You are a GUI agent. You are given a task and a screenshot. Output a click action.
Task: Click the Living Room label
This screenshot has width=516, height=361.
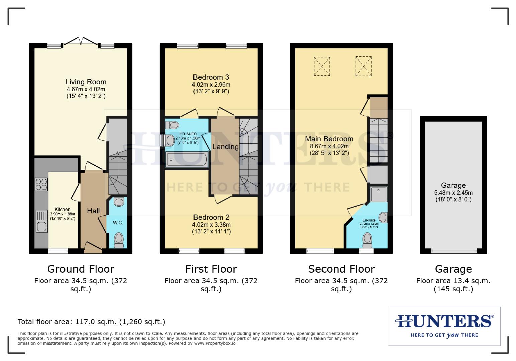[x=86, y=82]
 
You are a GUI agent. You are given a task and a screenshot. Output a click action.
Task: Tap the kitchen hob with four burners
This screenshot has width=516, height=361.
[x=41, y=184]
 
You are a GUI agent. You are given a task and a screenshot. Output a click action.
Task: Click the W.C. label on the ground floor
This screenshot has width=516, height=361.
[x=118, y=223]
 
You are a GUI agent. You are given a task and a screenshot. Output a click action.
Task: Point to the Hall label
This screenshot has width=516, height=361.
[x=93, y=211]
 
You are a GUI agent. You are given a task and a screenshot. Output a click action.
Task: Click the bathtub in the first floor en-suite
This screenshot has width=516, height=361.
[x=187, y=159]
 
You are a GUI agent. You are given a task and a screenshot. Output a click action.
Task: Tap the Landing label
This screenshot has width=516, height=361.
[x=225, y=147]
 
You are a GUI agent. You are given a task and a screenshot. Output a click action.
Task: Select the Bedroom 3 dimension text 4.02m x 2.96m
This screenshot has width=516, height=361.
[x=211, y=85]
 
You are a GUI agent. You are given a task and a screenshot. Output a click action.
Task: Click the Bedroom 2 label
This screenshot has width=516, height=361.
[x=211, y=217]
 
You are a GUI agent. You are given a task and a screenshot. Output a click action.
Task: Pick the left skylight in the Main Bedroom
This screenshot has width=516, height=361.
[x=321, y=67]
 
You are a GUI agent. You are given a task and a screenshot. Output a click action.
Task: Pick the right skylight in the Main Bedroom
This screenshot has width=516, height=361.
[x=363, y=66]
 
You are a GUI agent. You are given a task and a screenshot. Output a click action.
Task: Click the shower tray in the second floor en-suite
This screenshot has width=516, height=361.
[x=379, y=194]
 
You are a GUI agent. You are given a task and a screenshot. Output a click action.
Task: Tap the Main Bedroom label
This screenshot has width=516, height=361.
[x=329, y=139]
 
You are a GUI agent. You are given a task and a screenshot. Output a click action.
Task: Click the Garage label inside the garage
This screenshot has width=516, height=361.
[x=453, y=185]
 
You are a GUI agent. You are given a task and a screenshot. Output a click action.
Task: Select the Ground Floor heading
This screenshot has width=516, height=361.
[x=81, y=269]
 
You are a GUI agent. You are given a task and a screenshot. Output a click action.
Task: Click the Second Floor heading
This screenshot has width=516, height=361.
[x=341, y=269]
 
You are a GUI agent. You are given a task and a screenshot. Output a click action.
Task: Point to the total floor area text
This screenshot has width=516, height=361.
[x=91, y=322]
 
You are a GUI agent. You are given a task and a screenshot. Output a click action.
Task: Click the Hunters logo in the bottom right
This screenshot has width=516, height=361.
[x=444, y=326]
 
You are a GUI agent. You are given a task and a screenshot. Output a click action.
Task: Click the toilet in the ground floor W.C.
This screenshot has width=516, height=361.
[x=119, y=240]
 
